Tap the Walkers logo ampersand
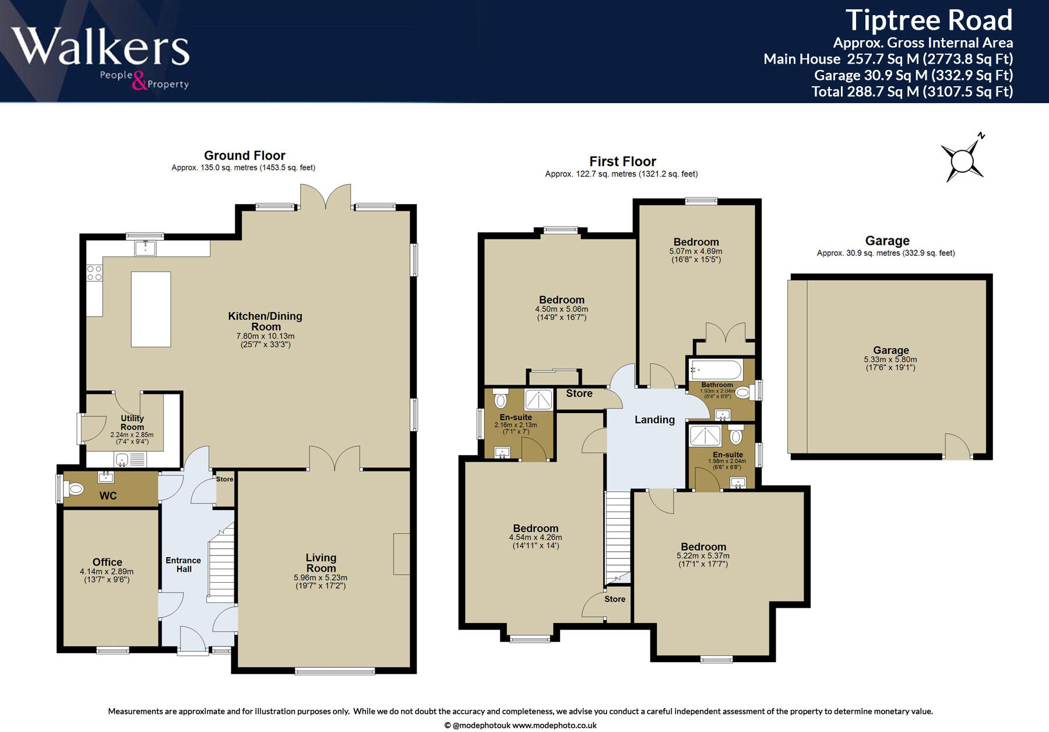[139, 81]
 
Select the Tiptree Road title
[928, 20]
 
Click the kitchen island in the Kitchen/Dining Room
[151, 309]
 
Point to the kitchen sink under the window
[146, 248]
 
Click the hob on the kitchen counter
[94, 273]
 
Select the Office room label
[107, 562]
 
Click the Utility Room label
[132, 423]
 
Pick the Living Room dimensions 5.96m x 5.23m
[321, 578]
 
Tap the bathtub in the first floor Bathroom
[716, 369]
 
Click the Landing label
[654, 420]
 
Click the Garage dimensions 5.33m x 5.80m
[890, 360]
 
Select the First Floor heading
[622, 161]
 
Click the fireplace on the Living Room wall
[401, 554]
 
